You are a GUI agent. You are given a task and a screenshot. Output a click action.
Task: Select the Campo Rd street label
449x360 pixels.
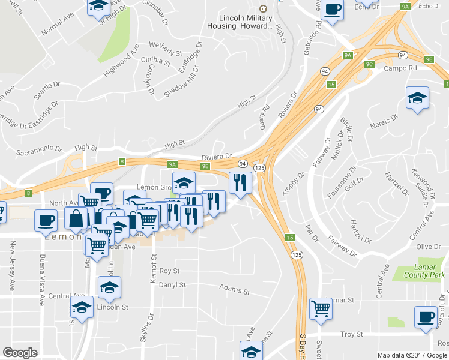[x=400, y=68]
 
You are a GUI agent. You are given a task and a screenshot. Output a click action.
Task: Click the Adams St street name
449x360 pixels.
[x=234, y=290]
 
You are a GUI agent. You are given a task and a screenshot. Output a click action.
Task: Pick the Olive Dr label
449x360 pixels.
[x=429, y=247]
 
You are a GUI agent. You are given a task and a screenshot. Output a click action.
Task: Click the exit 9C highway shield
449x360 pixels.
[x=369, y=64]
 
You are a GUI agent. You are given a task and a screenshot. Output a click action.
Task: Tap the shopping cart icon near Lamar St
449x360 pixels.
[x=321, y=308]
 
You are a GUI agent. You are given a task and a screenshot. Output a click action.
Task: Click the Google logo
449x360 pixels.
[x=20, y=353]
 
